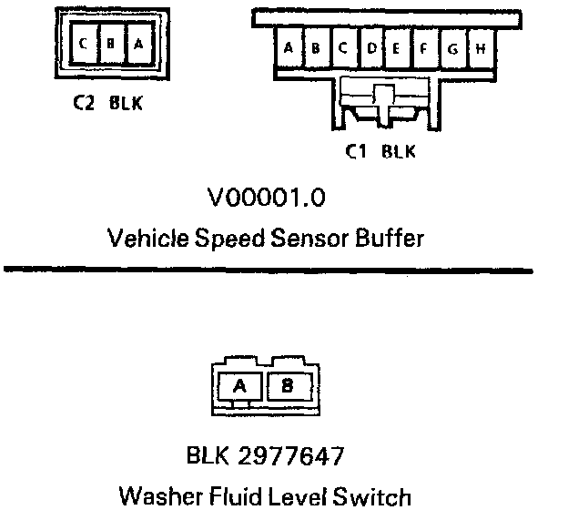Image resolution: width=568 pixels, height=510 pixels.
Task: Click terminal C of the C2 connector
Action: coord(84,45)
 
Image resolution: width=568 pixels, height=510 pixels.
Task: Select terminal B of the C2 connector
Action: coord(110,45)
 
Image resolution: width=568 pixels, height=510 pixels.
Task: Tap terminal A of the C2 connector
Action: coord(137,45)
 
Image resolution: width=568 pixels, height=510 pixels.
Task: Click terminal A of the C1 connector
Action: coord(289,48)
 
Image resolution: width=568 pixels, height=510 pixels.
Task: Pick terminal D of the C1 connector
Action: coord(370,48)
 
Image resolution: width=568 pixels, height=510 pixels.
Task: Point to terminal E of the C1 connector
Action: coord(398,48)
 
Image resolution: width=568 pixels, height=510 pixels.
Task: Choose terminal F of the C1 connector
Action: coord(425,48)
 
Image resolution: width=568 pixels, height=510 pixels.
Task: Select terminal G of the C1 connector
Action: coord(452,48)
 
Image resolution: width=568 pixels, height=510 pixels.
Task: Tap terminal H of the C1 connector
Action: coord(480,48)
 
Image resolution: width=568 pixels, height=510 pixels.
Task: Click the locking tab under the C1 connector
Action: coord(381,100)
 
